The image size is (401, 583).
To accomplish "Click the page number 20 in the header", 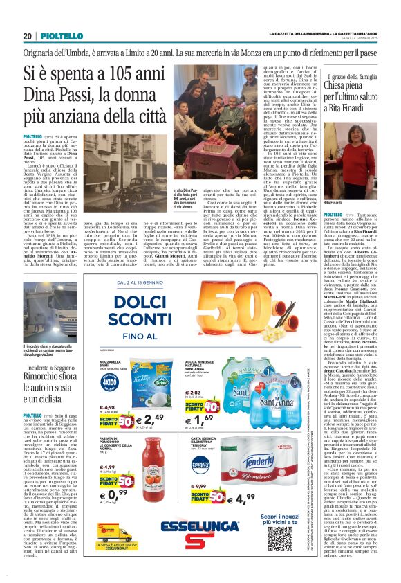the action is click(x=28, y=36).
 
